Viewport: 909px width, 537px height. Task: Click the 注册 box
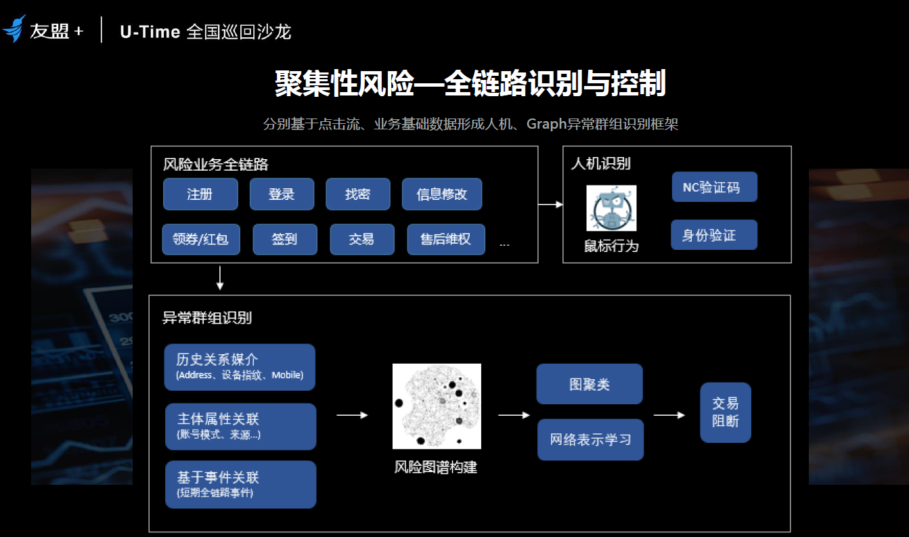[200, 194]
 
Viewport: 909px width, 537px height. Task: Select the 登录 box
[282, 194]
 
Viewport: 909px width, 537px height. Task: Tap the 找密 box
[357, 194]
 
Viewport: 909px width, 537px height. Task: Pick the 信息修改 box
[441, 194]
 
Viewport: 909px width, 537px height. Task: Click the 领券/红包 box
[201, 239]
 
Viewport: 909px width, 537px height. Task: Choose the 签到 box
[284, 239]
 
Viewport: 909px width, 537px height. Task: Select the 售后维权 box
[445, 239]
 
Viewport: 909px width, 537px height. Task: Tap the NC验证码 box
[714, 187]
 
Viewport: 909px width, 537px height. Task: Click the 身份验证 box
[713, 235]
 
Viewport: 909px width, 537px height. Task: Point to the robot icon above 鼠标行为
[611, 208]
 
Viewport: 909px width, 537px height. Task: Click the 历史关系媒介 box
[240, 367]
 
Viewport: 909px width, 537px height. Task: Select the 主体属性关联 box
[240, 427]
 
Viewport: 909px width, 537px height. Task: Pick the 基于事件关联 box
[240, 484]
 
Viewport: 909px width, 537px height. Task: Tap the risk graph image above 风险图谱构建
[437, 406]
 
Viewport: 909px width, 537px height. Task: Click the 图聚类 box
[589, 384]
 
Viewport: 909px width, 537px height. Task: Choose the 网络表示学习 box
[590, 439]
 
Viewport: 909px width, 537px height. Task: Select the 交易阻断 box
[725, 412]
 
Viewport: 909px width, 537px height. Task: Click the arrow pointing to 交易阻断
[669, 415]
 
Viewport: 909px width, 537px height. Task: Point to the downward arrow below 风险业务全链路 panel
[220, 278]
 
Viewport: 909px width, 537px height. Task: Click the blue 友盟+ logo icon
[14, 29]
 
